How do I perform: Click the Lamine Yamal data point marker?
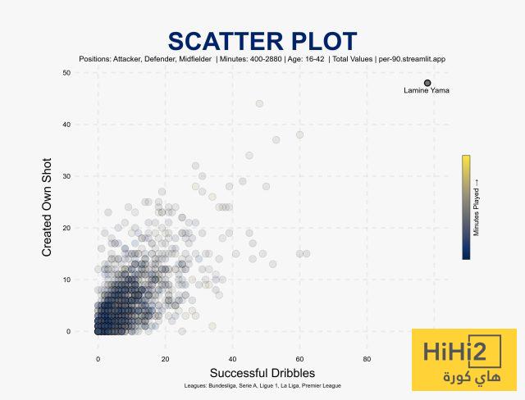click(427, 83)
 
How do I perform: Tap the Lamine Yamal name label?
click(427, 91)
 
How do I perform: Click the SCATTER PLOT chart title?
click(262, 42)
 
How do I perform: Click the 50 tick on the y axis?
click(66, 73)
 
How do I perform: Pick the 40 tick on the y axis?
click(66, 125)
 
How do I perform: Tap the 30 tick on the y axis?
click(66, 176)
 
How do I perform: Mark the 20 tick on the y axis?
click(66, 228)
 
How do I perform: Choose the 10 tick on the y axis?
click(66, 280)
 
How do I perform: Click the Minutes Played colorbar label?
click(477, 207)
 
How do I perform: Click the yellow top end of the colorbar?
click(466, 159)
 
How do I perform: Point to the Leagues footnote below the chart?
click(262, 385)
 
